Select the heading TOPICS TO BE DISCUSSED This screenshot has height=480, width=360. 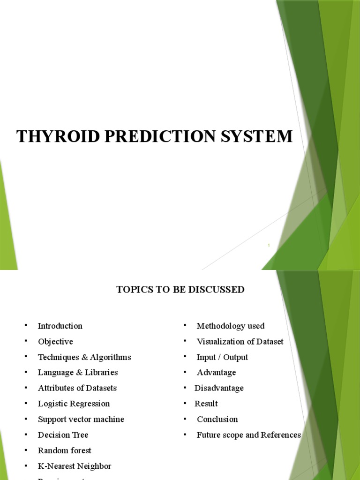pos(180,290)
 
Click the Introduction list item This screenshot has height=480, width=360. pos(60,326)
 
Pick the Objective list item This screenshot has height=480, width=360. pos(55,341)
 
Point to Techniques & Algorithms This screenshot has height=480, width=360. pos(84,357)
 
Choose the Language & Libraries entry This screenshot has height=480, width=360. pos(78,373)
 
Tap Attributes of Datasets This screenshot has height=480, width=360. pos(77,388)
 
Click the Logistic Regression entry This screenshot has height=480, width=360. pos(74,404)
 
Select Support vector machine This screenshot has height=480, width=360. pos(81,419)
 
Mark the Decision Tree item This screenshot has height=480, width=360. pos(63,435)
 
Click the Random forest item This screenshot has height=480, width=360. pos(65,450)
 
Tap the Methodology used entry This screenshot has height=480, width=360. pos(231,326)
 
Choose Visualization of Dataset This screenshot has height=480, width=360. pos(240,341)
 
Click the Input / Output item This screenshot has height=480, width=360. pos(222,357)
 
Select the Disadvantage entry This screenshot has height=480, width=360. pos(219,388)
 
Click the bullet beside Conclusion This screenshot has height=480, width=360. pos(185,418)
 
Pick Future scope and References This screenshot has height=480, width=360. pos(249,435)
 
